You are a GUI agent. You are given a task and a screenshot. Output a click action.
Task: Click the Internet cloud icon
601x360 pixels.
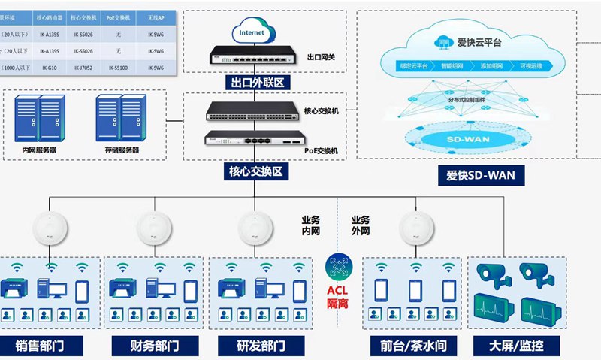click(252, 33)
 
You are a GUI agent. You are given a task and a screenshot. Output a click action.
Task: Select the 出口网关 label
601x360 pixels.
click(323, 57)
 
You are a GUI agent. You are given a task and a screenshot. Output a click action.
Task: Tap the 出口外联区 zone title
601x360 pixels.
click(253, 82)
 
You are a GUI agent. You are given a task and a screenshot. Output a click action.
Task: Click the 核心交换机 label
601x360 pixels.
click(322, 111)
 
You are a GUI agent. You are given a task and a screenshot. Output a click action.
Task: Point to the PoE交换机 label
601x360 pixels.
click(322, 150)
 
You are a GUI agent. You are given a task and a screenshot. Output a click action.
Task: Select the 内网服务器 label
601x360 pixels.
click(39, 150)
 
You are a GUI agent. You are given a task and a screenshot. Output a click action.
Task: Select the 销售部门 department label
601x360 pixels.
click(45, 346)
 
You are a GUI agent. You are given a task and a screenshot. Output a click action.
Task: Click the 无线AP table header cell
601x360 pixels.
click(156, 17)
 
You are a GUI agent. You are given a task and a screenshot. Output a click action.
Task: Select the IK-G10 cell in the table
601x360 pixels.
click(51, 68)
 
